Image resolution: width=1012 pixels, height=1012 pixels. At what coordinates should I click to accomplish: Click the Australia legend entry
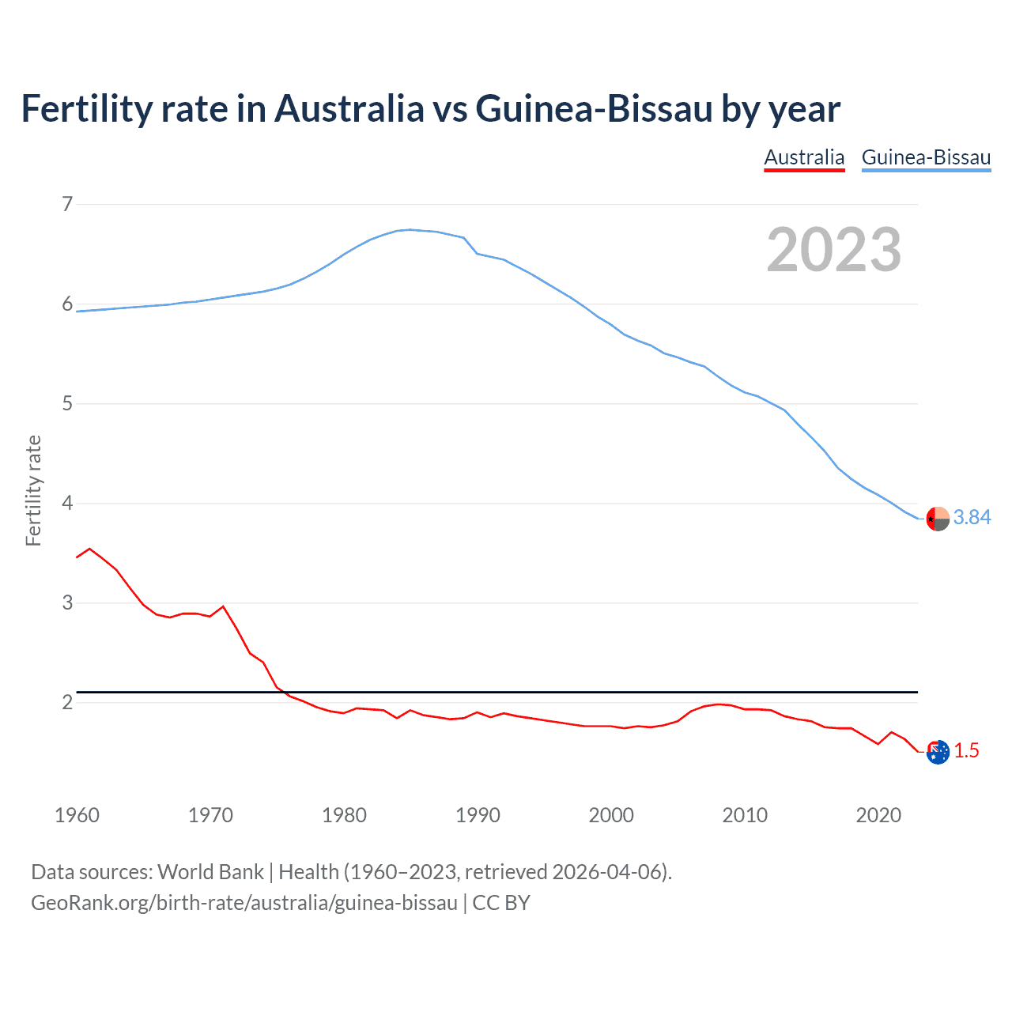click(x=804, y=157)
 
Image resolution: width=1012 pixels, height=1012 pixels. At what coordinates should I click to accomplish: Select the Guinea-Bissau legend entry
click(x=926, y=157)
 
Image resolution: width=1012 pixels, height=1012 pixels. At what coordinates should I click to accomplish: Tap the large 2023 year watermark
click(x=833, y=250)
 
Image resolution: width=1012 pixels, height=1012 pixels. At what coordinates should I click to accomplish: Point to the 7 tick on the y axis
click(x=67, y=205)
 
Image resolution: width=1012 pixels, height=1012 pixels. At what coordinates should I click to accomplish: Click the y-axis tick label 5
click(x=67, y=404)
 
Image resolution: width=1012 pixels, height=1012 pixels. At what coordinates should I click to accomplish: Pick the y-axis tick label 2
click(x=67, y=702)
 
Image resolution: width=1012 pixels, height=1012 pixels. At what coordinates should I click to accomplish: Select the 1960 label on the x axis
click(x=77, y=815)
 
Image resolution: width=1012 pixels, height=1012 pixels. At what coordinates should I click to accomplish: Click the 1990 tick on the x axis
click(x=478, y=815)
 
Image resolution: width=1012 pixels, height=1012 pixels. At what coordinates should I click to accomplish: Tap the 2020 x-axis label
click(x=878, y=815)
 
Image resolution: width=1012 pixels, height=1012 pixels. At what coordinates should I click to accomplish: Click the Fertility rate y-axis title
click(x=33, y=490)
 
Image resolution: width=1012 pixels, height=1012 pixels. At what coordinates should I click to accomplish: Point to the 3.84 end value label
click(x=972, y=517)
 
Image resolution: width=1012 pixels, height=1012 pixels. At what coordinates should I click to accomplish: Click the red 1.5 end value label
click(x=966, y=751)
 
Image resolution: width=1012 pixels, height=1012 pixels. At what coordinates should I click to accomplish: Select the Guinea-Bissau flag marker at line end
click(x=938, y=519)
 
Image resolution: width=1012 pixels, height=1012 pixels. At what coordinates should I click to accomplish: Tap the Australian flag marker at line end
click(x=938, y=753)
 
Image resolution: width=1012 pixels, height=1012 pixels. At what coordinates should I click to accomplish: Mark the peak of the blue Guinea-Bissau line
click(x=410, y=229)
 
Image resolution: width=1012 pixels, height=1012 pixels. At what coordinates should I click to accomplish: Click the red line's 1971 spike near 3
click(x=223, y=606)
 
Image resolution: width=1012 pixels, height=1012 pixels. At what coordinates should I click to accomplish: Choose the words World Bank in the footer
click(x=210, y=872)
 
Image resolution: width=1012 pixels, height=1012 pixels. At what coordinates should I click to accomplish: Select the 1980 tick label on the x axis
click(x=344, y=815)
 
